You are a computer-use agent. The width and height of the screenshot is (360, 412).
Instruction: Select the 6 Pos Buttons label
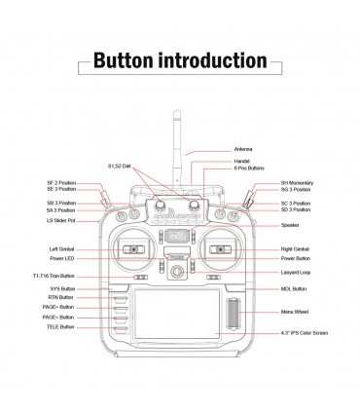coord(249,168)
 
